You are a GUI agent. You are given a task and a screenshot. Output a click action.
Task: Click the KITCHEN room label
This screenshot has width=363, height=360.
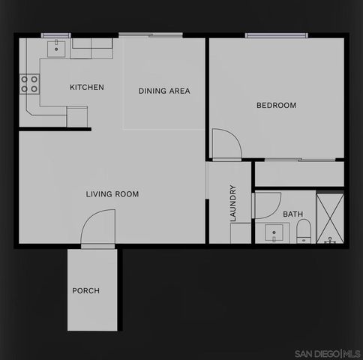(87, 88)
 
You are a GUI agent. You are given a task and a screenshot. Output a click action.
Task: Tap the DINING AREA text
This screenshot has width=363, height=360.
(164, 91)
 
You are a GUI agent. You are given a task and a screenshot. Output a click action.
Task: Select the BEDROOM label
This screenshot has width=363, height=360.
(276, 106)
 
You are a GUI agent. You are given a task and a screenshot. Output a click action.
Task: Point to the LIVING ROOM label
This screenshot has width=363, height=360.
(112, 194)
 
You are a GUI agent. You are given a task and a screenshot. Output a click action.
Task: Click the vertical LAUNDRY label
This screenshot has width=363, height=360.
(233, 203)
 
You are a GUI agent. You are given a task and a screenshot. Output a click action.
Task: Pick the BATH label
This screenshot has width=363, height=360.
(292, 214)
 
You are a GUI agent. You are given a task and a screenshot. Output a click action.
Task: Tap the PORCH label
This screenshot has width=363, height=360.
(86, 291)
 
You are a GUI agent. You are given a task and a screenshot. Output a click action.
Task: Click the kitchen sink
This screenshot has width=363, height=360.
(56, 49)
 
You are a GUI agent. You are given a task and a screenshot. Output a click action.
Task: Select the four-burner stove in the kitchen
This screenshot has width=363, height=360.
(29, 83)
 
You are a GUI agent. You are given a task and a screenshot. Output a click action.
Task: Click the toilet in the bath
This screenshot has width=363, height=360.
(303, 234)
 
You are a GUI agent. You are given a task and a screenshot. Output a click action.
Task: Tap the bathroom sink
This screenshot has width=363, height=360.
(276, 232)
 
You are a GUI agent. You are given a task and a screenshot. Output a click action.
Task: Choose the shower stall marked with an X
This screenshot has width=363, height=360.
(330, 218)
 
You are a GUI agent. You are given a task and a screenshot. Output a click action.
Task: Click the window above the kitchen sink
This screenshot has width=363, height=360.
(55, 34)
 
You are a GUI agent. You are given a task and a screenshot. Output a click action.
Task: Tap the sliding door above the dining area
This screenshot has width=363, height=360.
(151, 34)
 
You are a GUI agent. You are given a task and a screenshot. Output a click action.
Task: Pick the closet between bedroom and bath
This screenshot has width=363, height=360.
(298, 174)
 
